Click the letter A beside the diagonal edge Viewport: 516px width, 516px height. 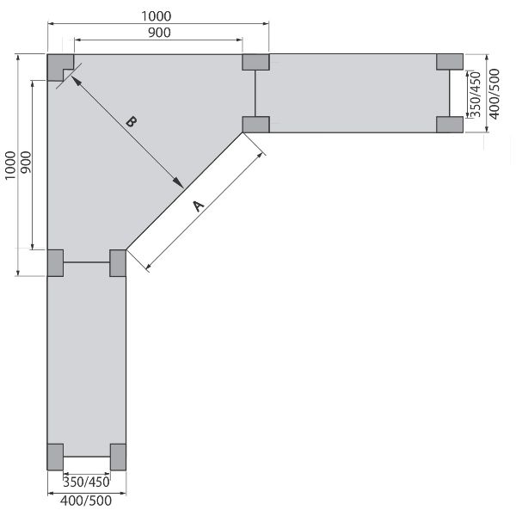point(198,206)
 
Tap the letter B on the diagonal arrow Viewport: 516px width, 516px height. point(131,122)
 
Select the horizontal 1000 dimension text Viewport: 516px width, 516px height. point(157,16)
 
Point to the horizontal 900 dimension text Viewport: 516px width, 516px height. point(159,33)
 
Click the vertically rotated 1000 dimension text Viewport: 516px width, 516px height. point(10,165)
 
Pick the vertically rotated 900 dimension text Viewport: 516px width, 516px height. point(26,163)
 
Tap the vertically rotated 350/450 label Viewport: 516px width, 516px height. point(476,95)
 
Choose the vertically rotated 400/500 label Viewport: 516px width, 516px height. point(494,94)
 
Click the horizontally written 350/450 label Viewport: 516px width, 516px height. point(86,482)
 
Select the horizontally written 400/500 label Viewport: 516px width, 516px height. point(86,501)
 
